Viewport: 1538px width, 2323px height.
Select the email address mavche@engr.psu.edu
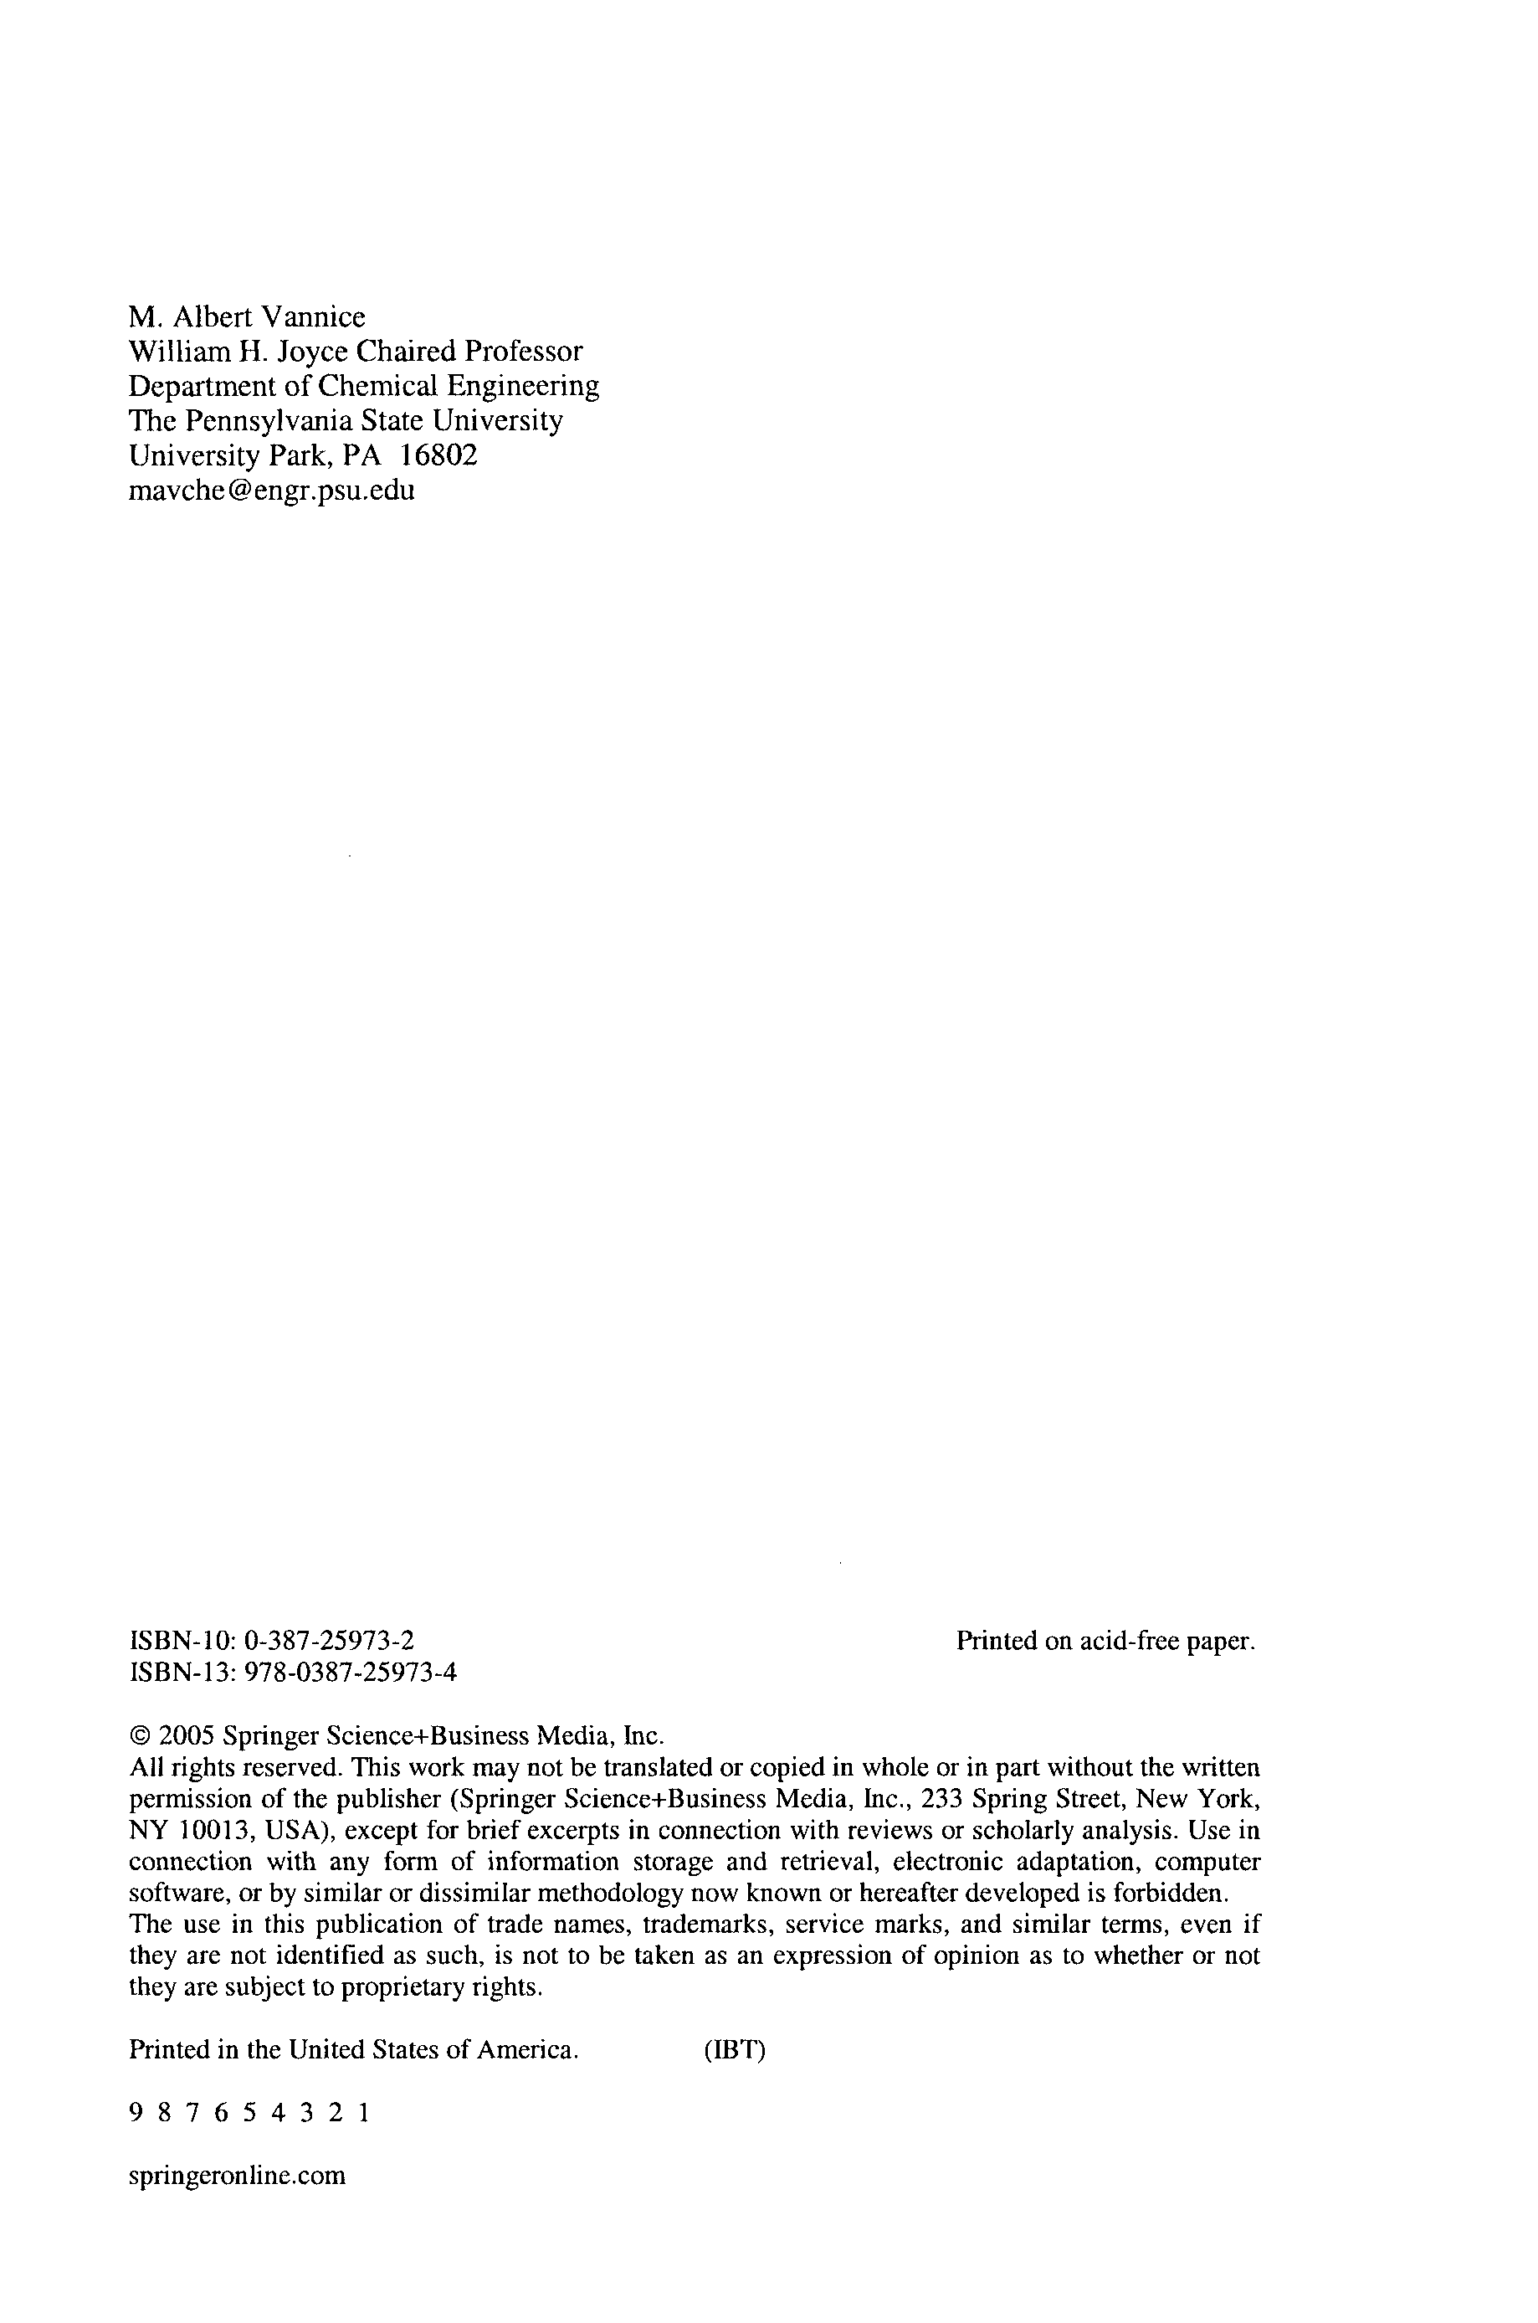(272, 491)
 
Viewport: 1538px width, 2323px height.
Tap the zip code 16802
(439, 455)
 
